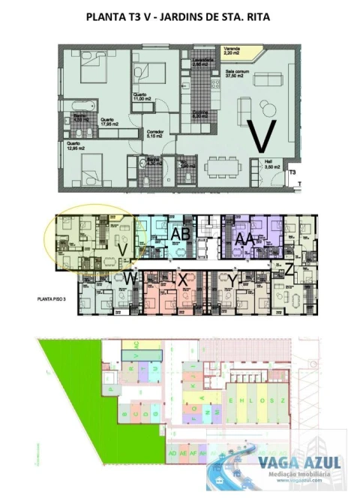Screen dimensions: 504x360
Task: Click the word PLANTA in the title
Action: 106,15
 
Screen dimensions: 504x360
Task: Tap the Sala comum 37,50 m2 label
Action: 238,73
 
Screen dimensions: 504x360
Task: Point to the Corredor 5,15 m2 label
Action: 154,134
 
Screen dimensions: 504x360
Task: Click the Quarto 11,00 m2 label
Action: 142,97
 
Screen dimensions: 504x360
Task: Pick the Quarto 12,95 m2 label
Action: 75,145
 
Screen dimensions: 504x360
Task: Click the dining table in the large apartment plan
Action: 223,164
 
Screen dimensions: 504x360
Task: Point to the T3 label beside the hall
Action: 293,172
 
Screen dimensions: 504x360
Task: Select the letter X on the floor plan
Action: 182,277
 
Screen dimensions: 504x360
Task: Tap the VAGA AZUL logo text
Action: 300,463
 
